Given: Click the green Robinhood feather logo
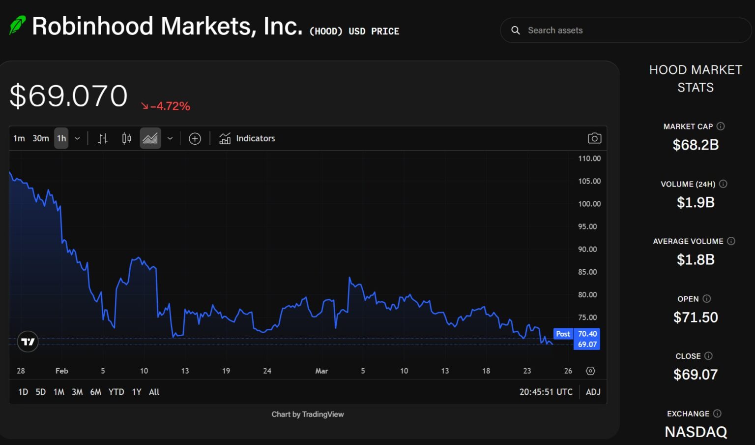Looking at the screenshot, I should coord(17,25).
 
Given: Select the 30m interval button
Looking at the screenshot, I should coord(41,138).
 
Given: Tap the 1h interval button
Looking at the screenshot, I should coord(61,138).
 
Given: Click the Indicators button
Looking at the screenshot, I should coord(247,138).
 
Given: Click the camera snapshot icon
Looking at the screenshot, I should coord(594,138).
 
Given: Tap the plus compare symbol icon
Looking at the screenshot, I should coord(195,139).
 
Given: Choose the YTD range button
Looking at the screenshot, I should coord(116,392).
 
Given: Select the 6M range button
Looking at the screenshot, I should coord(95,392).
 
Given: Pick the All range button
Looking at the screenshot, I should coord(154,392).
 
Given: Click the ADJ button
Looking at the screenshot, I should coord(593,392).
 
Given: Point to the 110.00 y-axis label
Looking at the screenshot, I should coord(589,159).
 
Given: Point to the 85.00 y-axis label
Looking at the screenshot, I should coord(587,272).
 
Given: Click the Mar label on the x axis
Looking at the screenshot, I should coord(321,371).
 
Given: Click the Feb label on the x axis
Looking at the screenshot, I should coord(61,371).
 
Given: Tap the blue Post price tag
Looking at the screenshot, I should coord(563,334).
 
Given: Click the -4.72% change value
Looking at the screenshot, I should coord(170,106).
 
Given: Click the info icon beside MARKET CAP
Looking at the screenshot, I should coord(721,127).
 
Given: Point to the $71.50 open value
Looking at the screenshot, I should coord(696,318).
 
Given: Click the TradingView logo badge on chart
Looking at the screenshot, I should coord(28,341).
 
